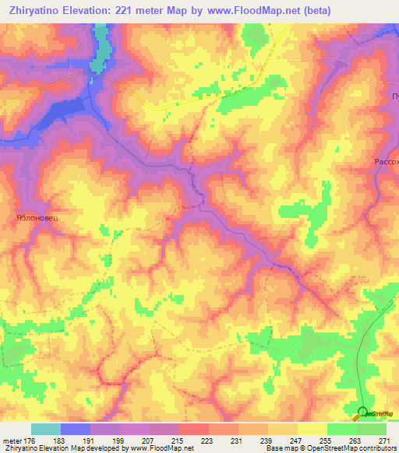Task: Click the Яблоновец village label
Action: click(x=38, y=219)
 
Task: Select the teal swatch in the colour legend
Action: click(x=45, y=429)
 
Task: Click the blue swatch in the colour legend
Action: click(x=75, y=429)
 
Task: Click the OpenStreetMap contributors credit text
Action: click(x=352, y=449)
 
